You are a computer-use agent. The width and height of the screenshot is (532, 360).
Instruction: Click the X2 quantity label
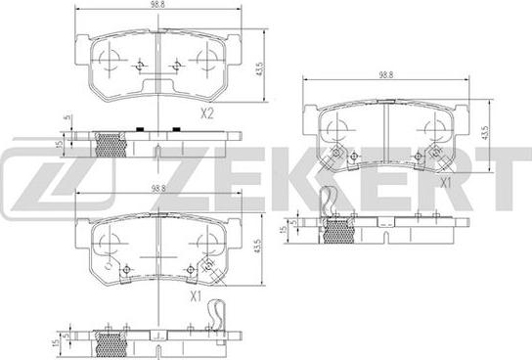207,112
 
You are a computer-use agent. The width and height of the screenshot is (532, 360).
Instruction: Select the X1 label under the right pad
446,182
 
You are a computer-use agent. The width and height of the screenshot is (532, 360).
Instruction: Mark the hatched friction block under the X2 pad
111,144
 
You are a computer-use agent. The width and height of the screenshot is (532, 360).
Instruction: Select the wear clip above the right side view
331,202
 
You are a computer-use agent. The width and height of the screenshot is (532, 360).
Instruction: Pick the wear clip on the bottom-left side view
219,315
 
